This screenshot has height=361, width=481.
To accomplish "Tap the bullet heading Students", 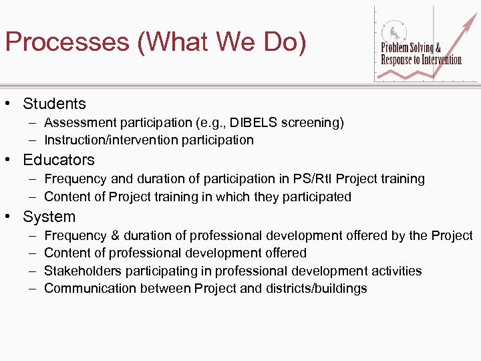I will point(54,104).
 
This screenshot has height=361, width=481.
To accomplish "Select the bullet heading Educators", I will point(59,160).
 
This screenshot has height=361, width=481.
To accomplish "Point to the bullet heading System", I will point(49,217).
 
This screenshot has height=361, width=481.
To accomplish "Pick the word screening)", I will point(313,122).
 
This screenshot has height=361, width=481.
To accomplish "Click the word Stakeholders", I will point(82,271).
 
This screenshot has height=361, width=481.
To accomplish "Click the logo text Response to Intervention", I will point(421,60).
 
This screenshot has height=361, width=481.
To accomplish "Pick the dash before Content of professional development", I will point(32,253).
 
